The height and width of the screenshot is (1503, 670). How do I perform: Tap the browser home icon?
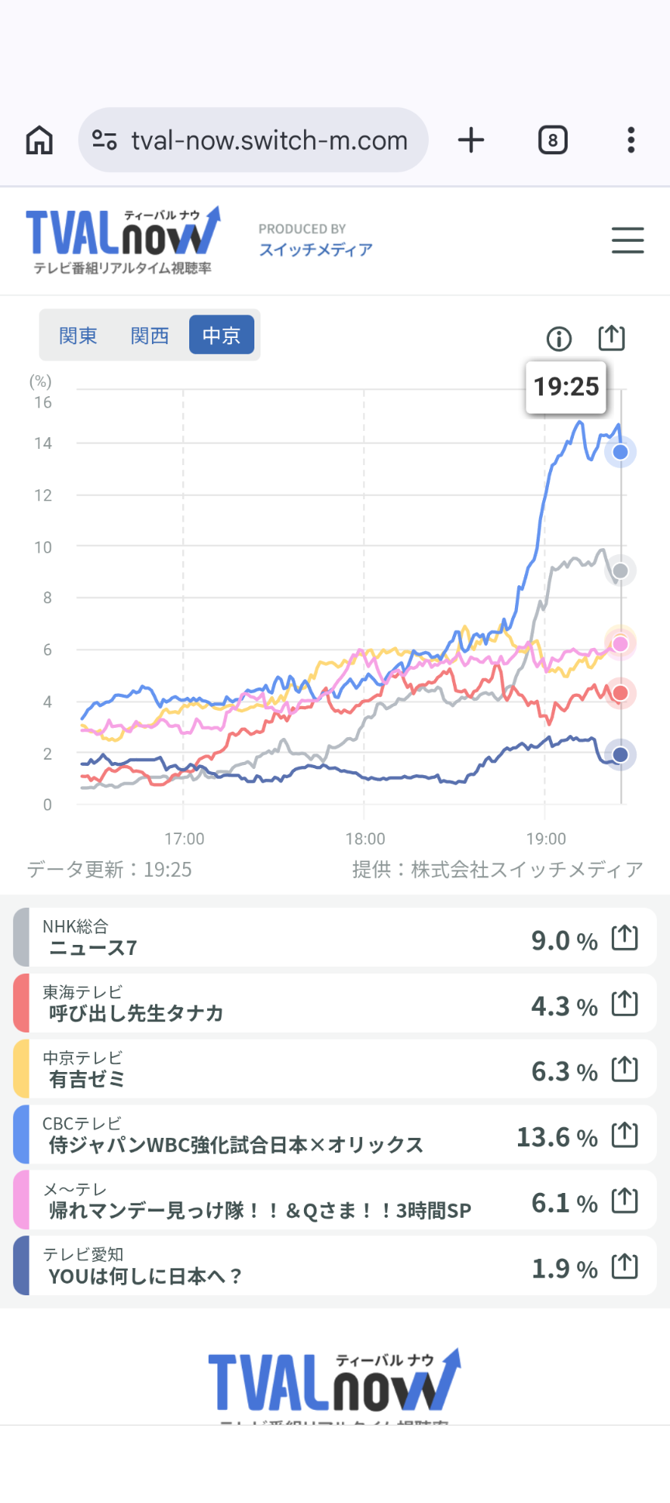click(x=40, y=140)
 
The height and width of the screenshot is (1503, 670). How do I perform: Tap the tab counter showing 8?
click(x=552, y=140)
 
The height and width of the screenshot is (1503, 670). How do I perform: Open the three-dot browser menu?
click(x=631, y=140)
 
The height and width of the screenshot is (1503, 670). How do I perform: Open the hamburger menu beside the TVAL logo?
click(x=627, y=240)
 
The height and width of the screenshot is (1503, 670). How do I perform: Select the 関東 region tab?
click(x=78, y=336)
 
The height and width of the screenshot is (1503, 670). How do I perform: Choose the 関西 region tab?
click(x=150, y=336)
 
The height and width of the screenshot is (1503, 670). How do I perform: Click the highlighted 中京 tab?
click(x=222, y=336)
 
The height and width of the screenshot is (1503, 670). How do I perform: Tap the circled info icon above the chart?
click(x=559, y=339)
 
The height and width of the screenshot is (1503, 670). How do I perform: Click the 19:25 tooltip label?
click(x=566, y=386)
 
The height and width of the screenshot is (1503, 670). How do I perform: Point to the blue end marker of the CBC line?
click(x=620, y=452)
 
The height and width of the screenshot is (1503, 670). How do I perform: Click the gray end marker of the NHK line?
click(x=620, y=571)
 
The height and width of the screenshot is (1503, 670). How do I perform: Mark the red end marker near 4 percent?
click(x=620, y=693)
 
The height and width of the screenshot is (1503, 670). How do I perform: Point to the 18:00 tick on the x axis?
click(x=364, y=839)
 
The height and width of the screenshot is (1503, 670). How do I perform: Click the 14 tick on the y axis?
click(x=43, y=443)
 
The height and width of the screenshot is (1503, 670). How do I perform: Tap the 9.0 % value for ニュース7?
click(x=564, y=940)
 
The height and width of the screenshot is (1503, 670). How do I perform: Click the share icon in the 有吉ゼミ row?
click(x=624, y=1070)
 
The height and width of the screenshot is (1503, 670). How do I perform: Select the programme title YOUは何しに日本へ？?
click(x=145, y=1276)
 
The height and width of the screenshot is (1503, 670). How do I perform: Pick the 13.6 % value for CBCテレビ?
click(x=557, y=1137)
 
